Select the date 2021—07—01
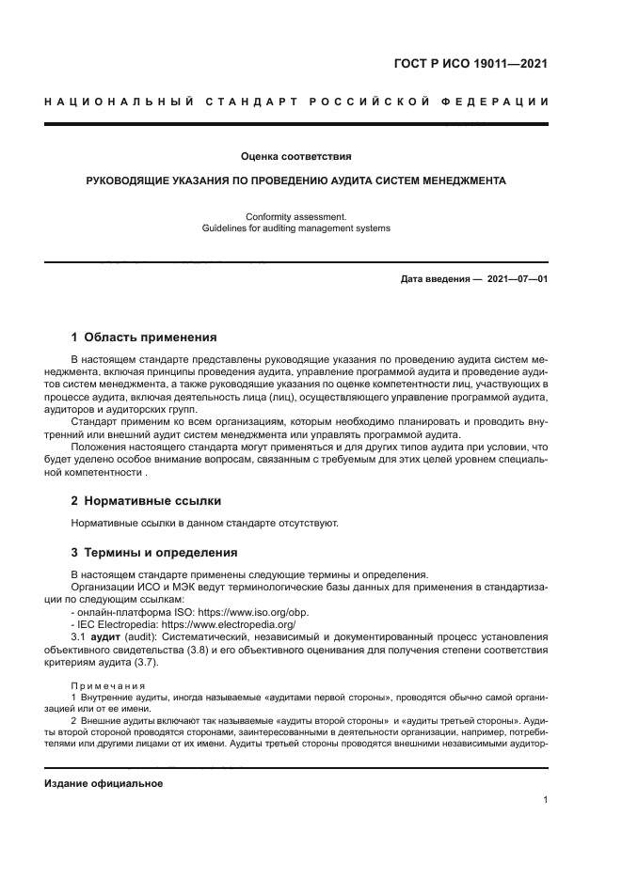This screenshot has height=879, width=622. coord(518,280)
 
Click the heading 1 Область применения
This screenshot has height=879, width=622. coord(144,337)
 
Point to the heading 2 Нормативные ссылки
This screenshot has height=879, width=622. coord(147,500)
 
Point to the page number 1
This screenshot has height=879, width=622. coord(546,800)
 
